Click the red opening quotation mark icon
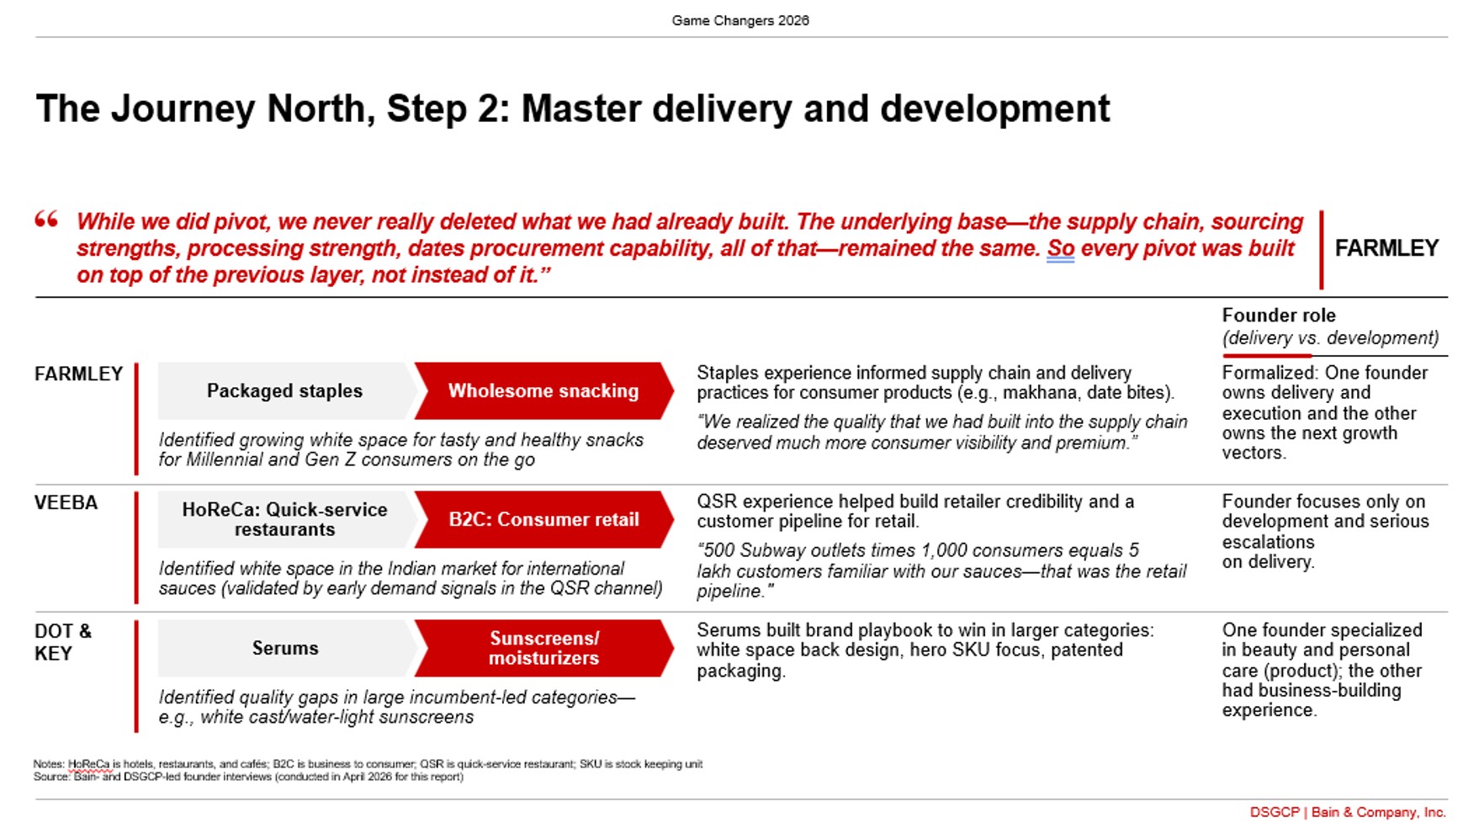[46, 220]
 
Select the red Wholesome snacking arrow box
[543, 390]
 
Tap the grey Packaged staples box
[285, 390]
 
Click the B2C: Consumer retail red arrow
[543, 519]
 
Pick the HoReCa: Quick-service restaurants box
[285, 519]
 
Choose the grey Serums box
[285, 648]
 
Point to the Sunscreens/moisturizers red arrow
[543, 648]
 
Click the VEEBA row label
[66, 502]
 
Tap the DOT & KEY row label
[63, 642]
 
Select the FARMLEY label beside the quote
[1386, 248]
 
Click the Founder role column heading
[1279, 316]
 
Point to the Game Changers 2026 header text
[740, 20]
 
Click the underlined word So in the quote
[1060, 248]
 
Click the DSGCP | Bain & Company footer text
[1348, 812]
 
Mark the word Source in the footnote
[50, 777]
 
